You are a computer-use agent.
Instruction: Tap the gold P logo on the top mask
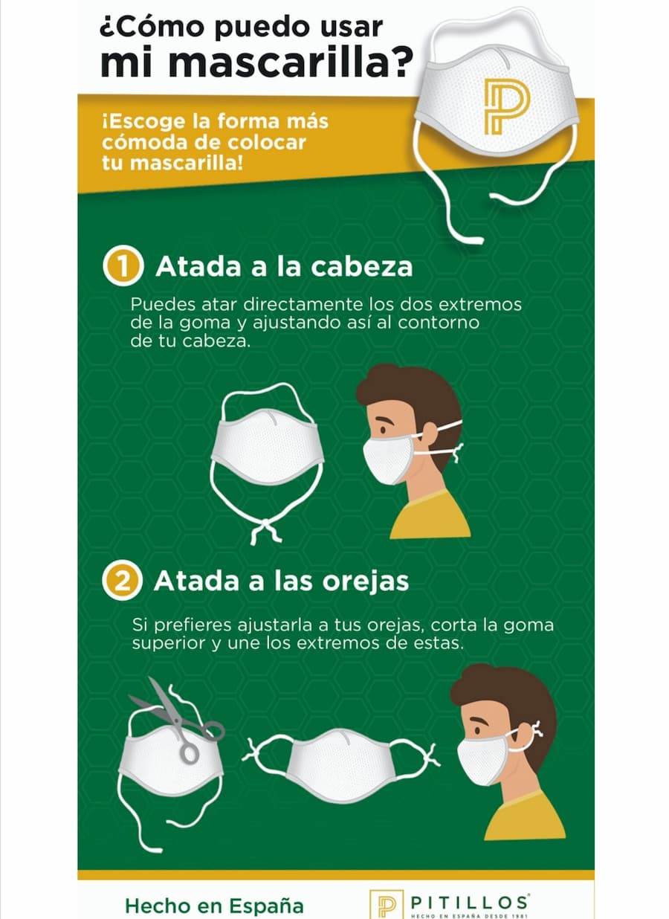[x=506, y=106]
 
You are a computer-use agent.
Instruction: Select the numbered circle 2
[x=122, y=581]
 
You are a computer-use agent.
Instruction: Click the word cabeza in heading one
[x=361, y=267]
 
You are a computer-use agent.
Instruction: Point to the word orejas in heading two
[x=365, y=581]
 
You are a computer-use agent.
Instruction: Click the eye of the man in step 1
[x=383, y=430]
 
